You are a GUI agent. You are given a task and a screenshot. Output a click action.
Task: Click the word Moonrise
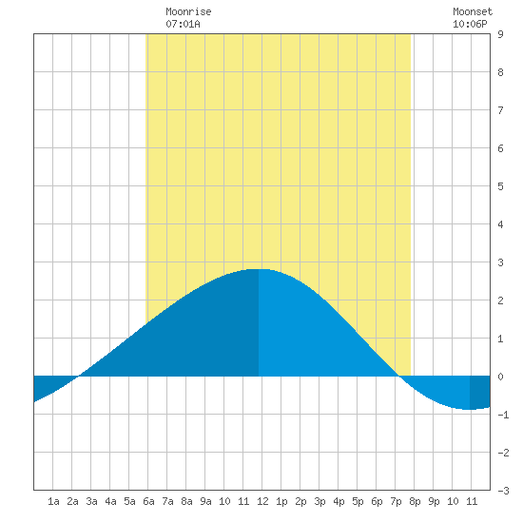(x=188, y=11)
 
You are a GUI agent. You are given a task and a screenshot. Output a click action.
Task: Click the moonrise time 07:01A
(x=183, y=24)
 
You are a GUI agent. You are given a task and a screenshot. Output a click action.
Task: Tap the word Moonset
(x=473, y=11)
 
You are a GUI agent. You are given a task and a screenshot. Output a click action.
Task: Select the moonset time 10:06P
(x=470, y=24)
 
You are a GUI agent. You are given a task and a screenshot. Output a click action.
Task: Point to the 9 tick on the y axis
(x=500, y=34)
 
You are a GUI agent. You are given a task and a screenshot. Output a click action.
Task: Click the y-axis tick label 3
(x=500, y=262)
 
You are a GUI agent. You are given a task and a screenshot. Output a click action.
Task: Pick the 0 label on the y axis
(x=500, y=377)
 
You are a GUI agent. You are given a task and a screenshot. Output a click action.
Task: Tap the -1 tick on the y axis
(x=503, y=415)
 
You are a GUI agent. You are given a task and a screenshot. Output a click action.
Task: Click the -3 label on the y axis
(x=503, y=491)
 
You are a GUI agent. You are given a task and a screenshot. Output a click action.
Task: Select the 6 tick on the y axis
(x=500, y=148)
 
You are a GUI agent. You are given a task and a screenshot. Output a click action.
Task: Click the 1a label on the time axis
(x=53, y=501)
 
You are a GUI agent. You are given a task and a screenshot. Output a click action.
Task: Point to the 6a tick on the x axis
(x=148, y=501)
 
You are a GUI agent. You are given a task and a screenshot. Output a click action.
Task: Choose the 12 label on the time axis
(x=262, y=501)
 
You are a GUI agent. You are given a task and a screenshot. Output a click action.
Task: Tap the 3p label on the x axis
(x=320, y=501)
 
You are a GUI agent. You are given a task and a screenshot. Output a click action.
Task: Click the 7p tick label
(x=396, y=501)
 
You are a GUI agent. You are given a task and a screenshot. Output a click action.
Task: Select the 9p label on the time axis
(x=434, y=501)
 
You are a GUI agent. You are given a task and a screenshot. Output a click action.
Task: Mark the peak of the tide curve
(x=260, y=269)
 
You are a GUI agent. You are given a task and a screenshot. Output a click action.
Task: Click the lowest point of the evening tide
(x=470, y=409)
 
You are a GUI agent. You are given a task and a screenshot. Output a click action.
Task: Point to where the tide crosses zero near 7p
(x=399, y=376)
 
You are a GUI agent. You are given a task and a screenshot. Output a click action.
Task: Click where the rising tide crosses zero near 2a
(x=78, y=376)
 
